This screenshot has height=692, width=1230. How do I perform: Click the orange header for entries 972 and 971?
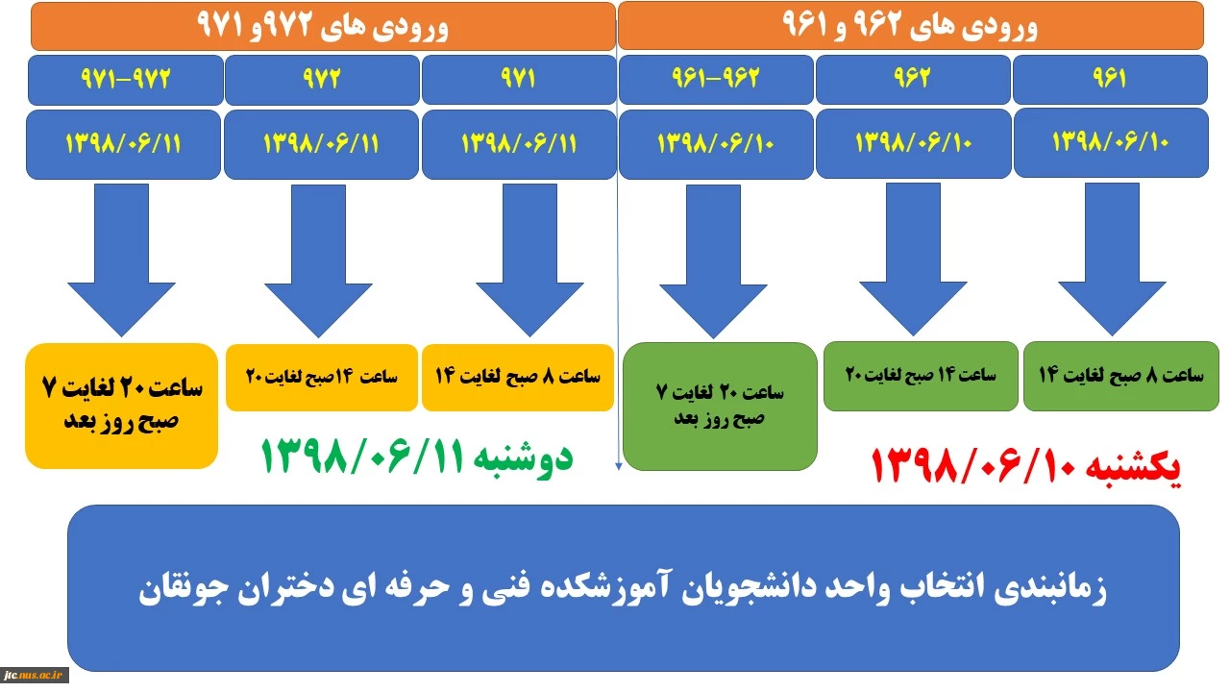pos(323,26)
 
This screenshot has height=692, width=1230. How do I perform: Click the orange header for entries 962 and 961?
pos(910,26)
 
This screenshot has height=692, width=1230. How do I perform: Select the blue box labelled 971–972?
pos(126,80)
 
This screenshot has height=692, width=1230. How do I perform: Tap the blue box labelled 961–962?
pos(716,79)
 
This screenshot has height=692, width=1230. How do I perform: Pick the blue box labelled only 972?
pos(322,80)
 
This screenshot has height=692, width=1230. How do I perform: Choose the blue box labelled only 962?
pos(913,79)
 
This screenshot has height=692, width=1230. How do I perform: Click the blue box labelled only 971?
pos(519,79)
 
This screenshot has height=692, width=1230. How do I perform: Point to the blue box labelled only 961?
pos(1110,79)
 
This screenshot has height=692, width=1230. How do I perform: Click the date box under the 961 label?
pos(1112,143)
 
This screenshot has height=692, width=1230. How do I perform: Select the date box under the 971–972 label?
pos(124,144)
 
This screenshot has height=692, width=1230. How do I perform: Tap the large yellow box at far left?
pos(121,406)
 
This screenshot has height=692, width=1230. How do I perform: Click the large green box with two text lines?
pos(720,407)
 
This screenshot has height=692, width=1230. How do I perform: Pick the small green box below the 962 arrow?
pos(921,376)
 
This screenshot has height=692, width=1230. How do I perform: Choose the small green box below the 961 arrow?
pos(1121,376)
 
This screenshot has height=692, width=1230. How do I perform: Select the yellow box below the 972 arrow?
pos(322,378)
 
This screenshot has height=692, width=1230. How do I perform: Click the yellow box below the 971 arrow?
pos(518,378)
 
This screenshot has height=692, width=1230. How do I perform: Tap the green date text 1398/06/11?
pos(417,457)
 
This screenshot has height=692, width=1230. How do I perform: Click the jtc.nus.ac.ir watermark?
pos(34,675)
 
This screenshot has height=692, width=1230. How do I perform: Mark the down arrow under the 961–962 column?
pos(713,261)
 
